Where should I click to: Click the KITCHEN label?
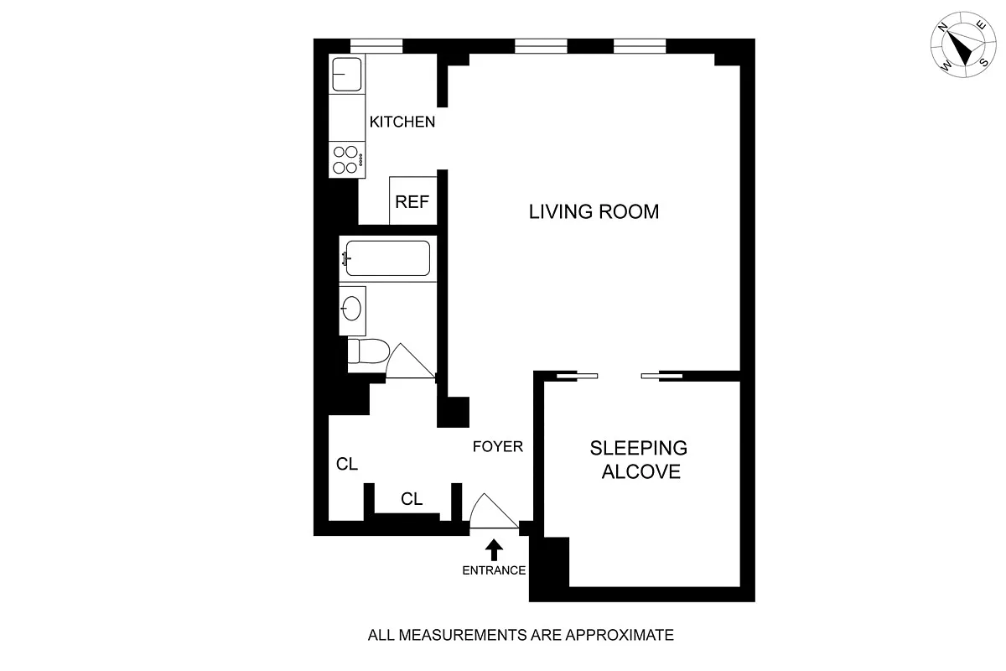pos(402,122)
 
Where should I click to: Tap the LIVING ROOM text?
pos(594,211)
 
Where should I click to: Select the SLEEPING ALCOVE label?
pos(640,460)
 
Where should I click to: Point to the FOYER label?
pos(497,446)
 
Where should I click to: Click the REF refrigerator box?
pos(412,201)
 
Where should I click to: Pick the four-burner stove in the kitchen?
pos(345,159)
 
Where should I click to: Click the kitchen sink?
pos(345,75)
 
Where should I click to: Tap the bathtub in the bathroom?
pos(387,258)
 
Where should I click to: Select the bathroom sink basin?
pos(352,308)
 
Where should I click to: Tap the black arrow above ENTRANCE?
pos(494,549)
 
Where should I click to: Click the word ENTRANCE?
pos(494,570)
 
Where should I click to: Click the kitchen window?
pos(375,45)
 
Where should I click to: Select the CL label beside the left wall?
pos(347,464)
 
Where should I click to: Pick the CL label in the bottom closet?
pos(411,499)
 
